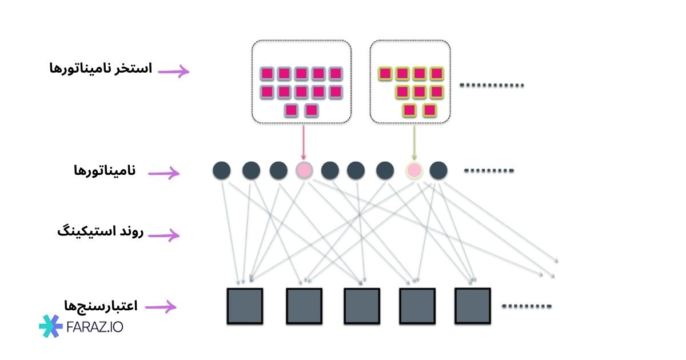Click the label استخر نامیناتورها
pos(101,69)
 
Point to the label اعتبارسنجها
pos(102,305)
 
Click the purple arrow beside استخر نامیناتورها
pos(173,71)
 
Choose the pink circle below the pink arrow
pos(304,170)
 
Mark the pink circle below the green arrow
pos(413,170)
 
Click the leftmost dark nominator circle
pos(222,170)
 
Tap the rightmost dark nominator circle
pos(438,170)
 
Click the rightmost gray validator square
pos(473,306)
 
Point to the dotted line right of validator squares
pos(527,306)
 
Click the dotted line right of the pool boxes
pos(492,86)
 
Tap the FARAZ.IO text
pos(94,327)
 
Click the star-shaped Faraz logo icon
pos(50,326)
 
